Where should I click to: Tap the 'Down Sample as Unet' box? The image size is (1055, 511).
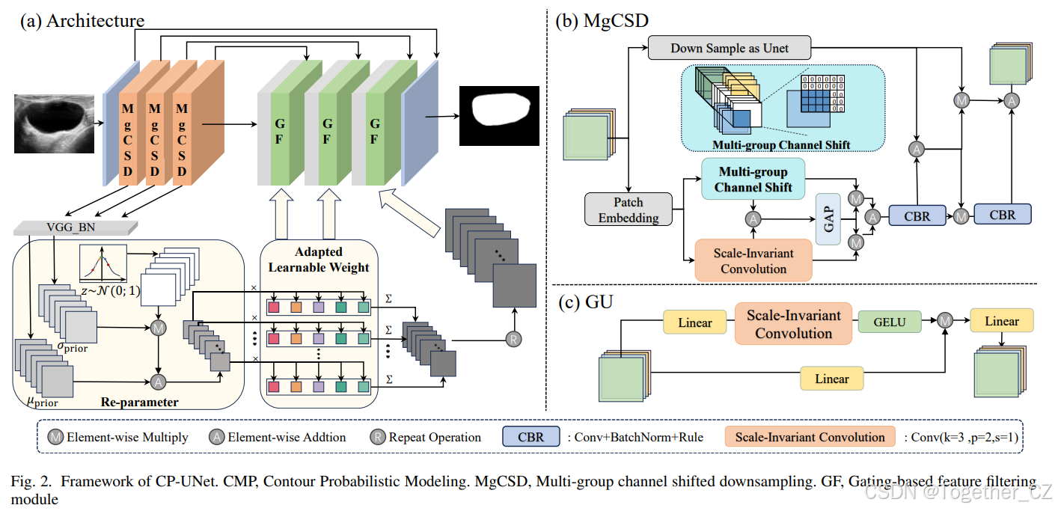[x=730, y=49]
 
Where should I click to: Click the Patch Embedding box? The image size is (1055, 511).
[x=629, y=210]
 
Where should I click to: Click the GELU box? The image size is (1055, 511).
[x=889, y=322]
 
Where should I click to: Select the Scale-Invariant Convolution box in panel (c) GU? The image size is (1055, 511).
[x=793, y=324]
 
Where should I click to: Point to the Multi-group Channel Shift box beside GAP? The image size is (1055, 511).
[x=753, y=179]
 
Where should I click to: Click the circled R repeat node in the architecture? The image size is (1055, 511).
[x=513, y=337]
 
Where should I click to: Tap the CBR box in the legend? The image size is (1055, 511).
[x=530, y=437]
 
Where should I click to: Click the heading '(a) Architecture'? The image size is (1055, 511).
[x=82, y=20]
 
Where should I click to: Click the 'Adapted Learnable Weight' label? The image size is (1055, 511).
[x=319, y=260]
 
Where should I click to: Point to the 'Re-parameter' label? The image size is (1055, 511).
[x=140, y=403]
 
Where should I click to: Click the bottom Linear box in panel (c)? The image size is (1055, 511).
[x=831, y=379]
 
